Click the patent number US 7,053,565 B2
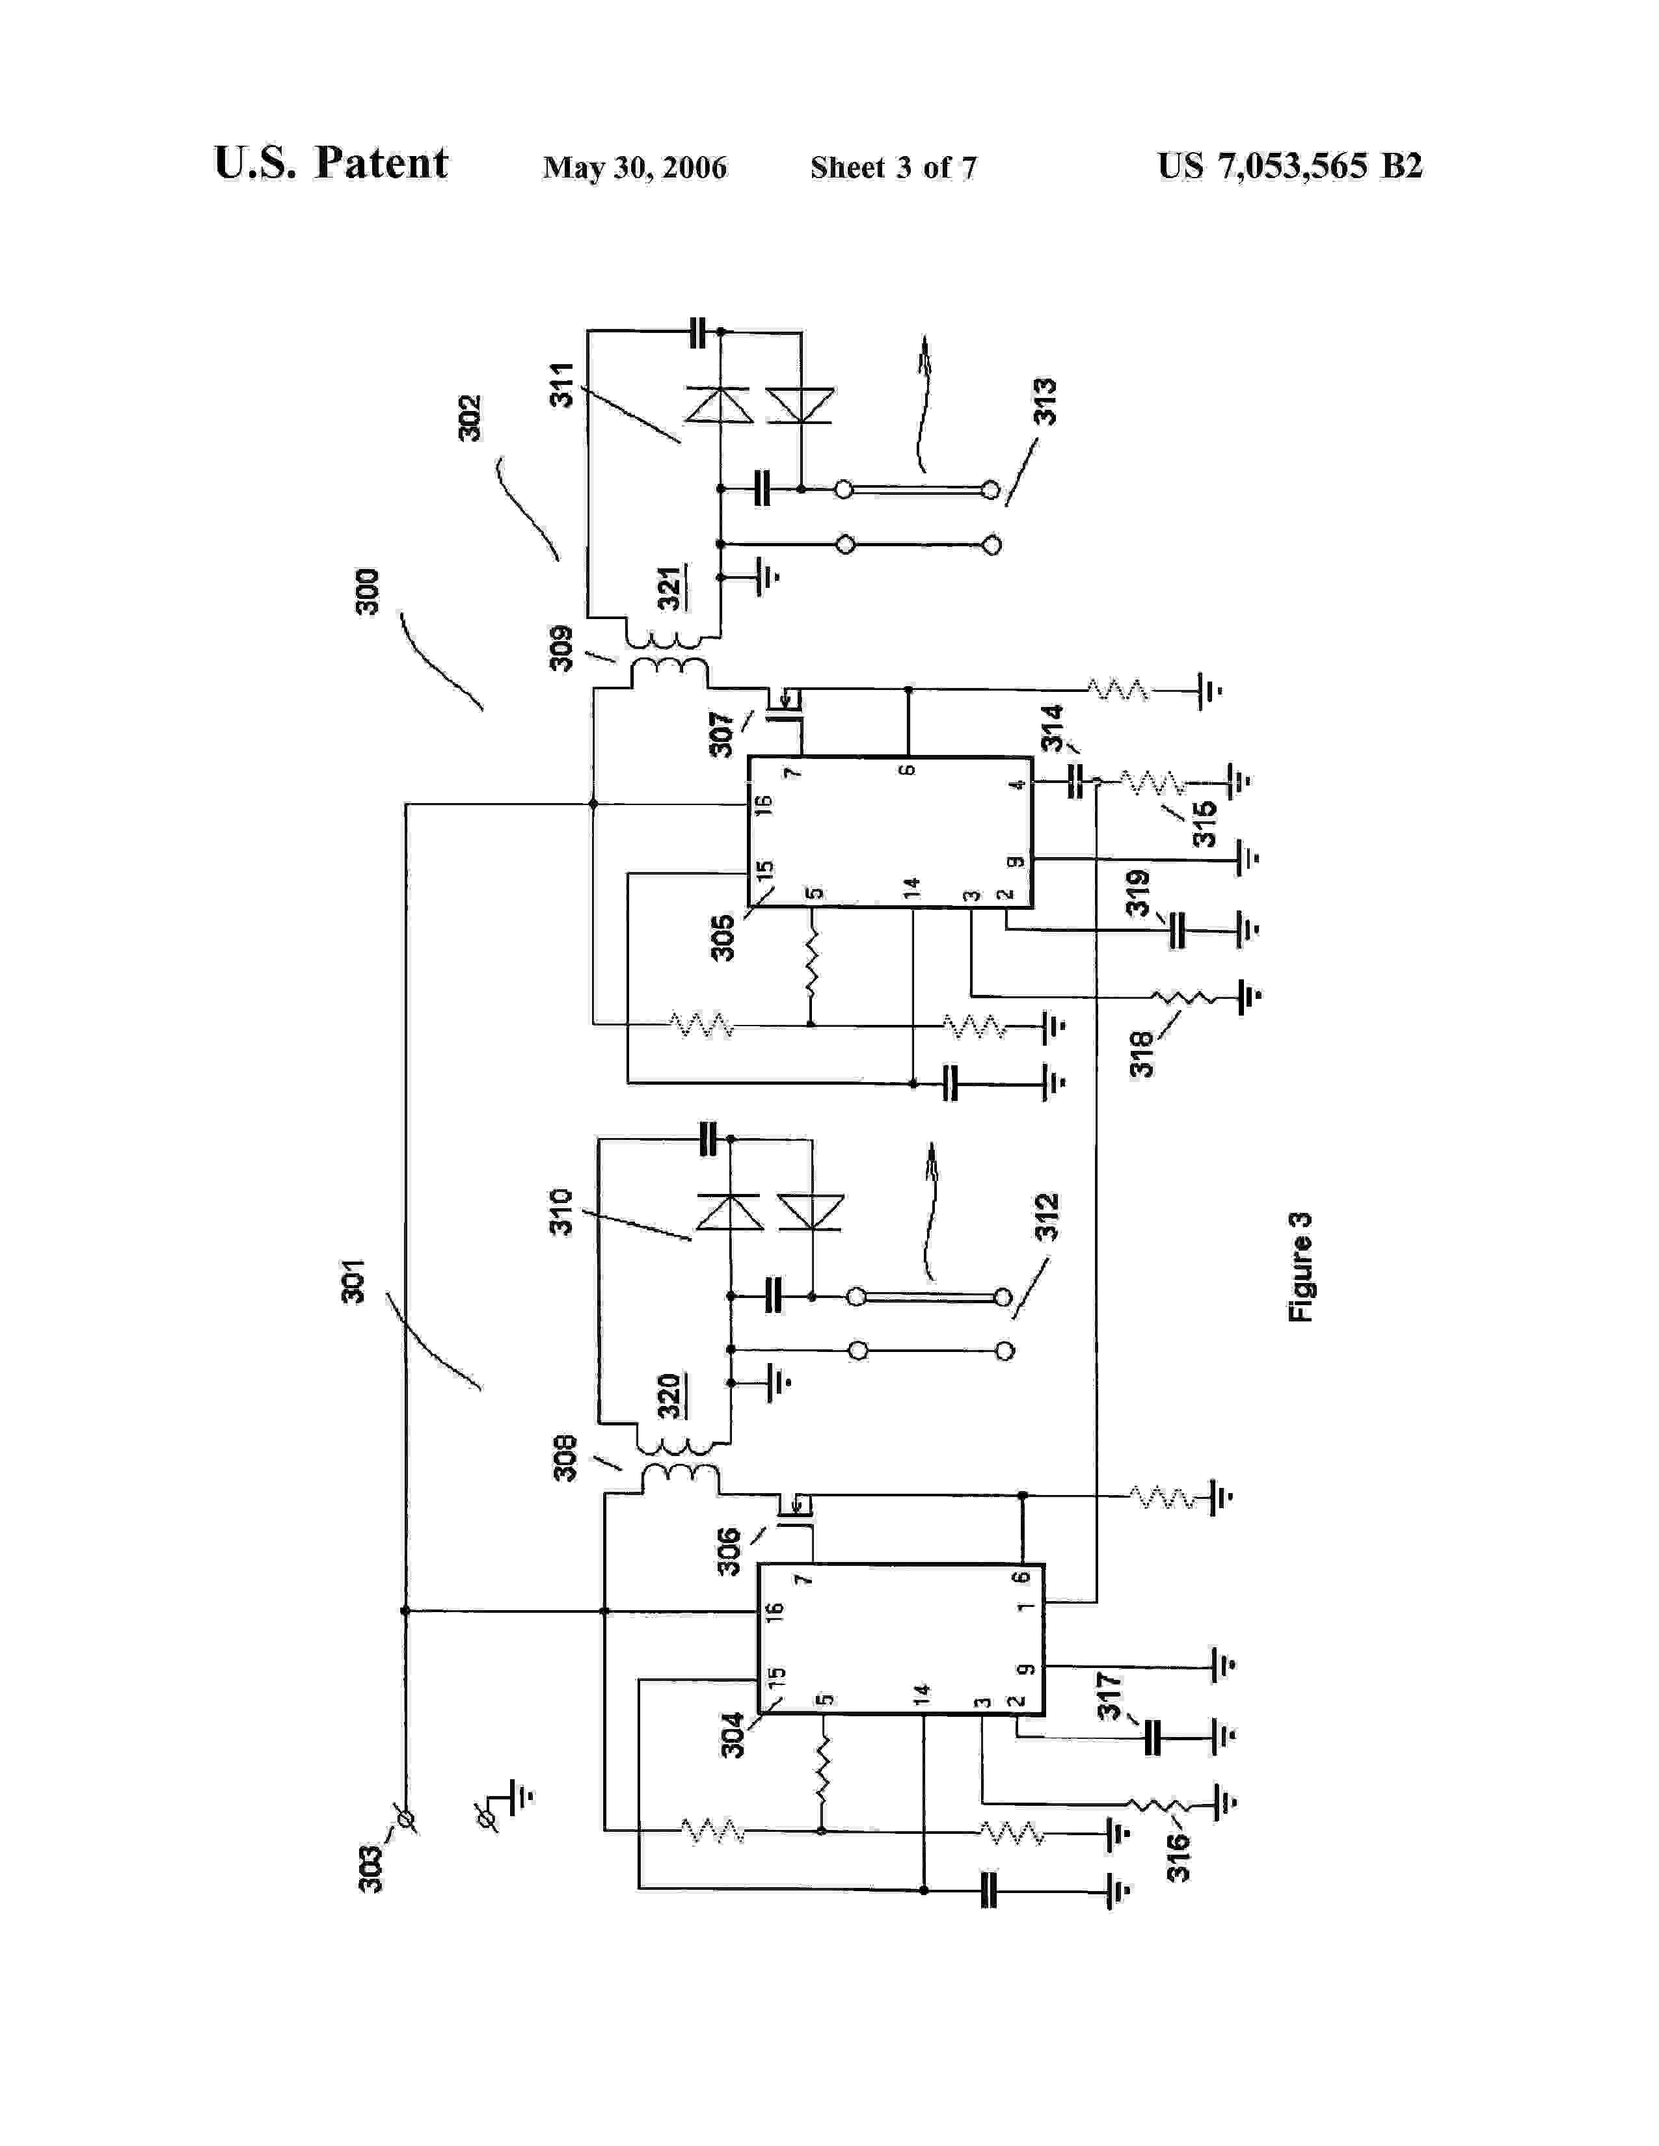[1289, 166]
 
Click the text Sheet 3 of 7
[893, 168]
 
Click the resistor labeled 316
[1158, 1804]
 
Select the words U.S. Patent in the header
[330, 163]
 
